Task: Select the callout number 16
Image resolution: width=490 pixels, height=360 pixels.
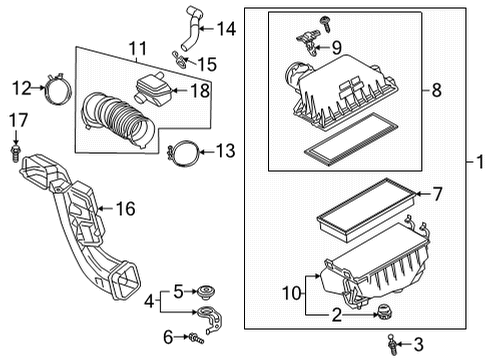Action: click(x=125, y=208)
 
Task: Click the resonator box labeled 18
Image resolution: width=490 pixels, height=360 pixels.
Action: click(x=157, y=93)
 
